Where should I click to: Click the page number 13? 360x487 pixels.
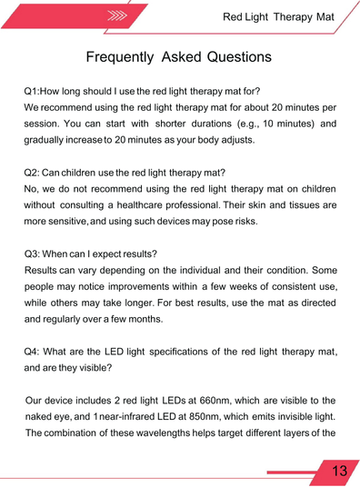[x=339, y=471]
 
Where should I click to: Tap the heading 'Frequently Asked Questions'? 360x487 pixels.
[x=178, y=57]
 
